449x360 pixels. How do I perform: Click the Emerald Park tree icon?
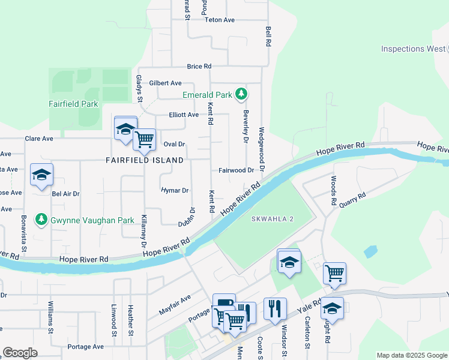[x=241, y=94]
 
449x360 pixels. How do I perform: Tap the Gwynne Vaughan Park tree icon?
[x=41, y=220]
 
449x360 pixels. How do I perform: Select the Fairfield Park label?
[x=73, y=104]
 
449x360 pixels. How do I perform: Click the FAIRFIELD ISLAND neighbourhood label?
[x=145, y=160]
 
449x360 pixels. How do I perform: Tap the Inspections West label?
[x=413, y=49]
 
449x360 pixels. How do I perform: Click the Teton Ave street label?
[x=219, y=20]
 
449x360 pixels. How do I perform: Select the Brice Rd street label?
[x=199, y=66]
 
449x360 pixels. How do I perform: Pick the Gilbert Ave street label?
[x=166, y=83]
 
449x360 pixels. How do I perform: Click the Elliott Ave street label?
[x=184, y=115]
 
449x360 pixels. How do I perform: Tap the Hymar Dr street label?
[x=175, y=190]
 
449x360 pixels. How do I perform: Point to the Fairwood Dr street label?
[x=236, y=170]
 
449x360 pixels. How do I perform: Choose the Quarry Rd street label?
[x=352, y=199]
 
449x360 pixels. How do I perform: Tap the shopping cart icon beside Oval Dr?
[x=145, y=140]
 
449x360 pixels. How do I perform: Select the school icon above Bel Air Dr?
[x=42, y=175]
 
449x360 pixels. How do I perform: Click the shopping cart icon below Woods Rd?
[x=334, y=274]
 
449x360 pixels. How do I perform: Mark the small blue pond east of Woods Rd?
[x=370, y=251]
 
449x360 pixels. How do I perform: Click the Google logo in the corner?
[x=20, y=352]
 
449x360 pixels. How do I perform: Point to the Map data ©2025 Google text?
[x=411, y=355]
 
